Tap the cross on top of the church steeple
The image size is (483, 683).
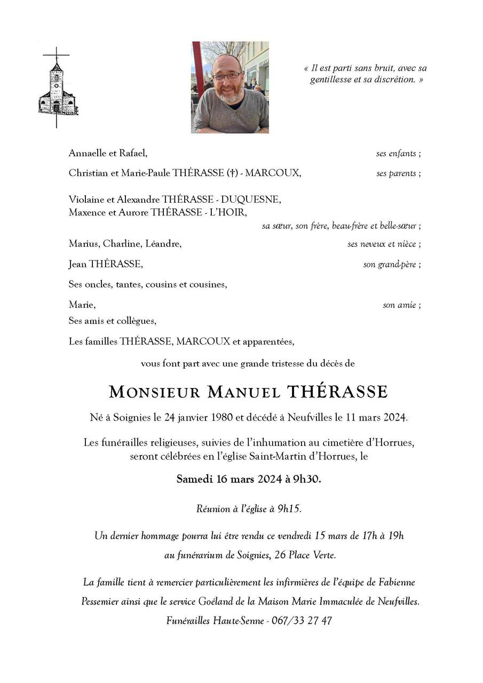tap(56, 54)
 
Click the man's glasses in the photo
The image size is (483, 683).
tap(227, 76)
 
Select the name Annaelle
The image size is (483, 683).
tap(88, 153)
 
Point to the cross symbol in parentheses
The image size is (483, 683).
tap(232, 173)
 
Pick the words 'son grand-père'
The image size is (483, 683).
tap(390, 264)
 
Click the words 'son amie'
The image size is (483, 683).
tap(400, 305)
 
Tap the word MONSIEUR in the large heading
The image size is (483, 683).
tap(154, 392)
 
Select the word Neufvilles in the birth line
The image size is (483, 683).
tap(310, 417)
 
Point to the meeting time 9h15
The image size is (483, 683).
tap(289, 509)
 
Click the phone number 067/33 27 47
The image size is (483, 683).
tap(302, 621)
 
